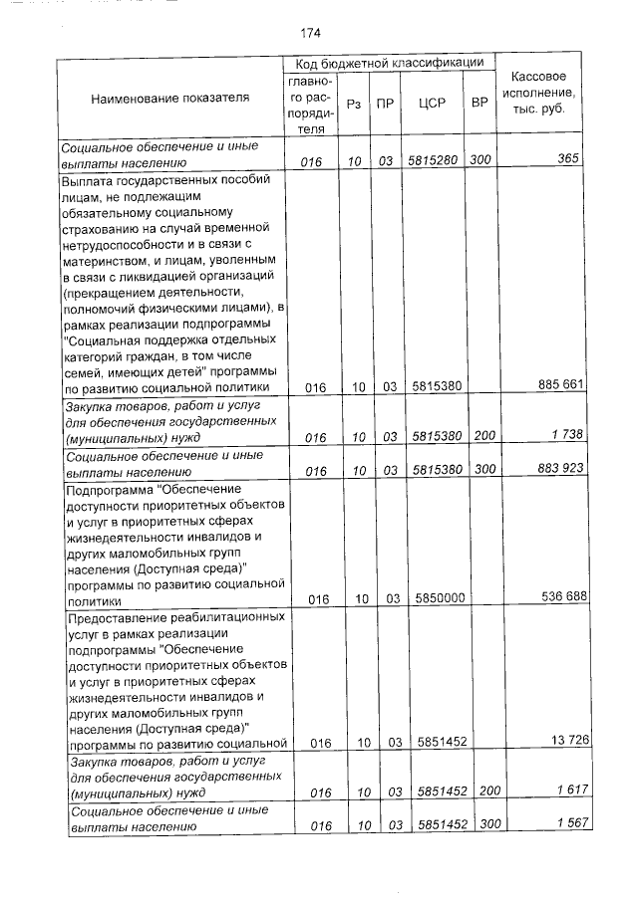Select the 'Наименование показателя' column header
tap(170, 99)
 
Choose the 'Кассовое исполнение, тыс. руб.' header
tap(538, 93)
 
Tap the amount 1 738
tap(564, 435)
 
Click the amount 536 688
tap(559, 597)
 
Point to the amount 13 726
tap(561, 740)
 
